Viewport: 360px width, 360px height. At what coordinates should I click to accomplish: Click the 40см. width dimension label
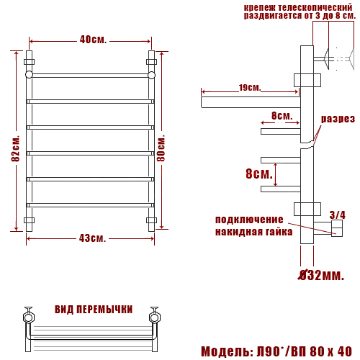tap(93, 40)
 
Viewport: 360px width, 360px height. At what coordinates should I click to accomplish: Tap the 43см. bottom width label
tap(92, 238)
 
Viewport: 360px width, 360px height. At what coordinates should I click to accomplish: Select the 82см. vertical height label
tap(15, 149)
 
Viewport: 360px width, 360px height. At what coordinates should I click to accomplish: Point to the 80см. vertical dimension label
tap(161, 148)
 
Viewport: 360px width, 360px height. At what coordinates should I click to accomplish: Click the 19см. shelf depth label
tap(250, 88)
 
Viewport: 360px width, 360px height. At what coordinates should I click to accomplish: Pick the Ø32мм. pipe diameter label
tap(321, 275)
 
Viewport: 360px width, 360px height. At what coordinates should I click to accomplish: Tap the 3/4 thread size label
tap(337, 215)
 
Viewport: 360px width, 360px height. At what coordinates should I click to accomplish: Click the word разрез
tap(338, 119)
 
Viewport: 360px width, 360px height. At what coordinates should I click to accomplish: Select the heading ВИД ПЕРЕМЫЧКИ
tap(94, 310)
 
